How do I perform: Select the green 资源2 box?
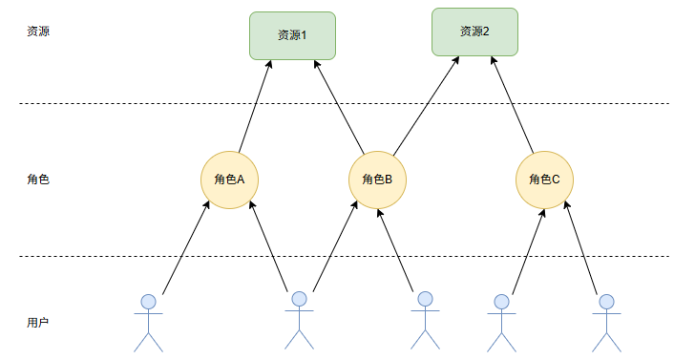click(x=474, y=31)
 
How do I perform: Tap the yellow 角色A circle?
click(x=230, y=179)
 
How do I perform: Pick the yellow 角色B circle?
click(x=378, y=180)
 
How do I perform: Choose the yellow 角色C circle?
click(x=544, y=179)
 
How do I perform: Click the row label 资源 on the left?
click(x=38, y=31)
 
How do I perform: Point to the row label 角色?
click(x=38, y=179)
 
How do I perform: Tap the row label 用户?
click(x=38, y=323)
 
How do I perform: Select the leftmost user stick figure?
click(x=148, y=322)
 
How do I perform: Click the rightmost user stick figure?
click(x=605, y=322)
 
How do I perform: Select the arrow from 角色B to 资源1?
click(x=338, y=105)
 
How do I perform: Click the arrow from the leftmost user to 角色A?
click(x=186, y=248)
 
